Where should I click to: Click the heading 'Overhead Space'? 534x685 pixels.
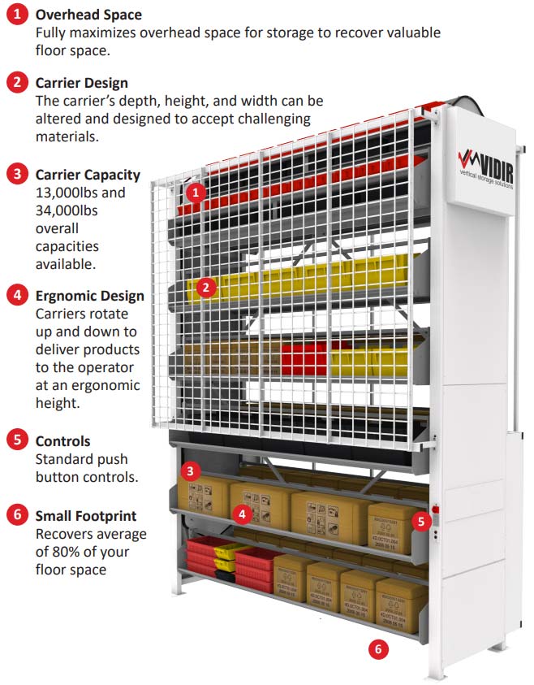88,15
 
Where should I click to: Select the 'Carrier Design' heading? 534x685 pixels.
81,82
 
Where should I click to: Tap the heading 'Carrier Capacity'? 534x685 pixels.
88,175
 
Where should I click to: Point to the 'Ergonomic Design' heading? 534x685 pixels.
89,296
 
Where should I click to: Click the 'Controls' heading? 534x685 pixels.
62,440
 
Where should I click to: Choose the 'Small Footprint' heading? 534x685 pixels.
85,515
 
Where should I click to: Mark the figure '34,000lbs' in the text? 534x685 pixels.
69,210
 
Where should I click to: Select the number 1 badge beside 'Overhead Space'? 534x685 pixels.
17,15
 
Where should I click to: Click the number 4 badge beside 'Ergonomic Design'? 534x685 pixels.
17,297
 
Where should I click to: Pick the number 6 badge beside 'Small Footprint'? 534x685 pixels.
17,516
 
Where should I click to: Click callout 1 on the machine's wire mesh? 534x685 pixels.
194,193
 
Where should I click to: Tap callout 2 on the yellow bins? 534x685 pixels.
206,286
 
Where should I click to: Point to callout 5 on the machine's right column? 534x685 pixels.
420,521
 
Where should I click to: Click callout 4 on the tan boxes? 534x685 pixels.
241,514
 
